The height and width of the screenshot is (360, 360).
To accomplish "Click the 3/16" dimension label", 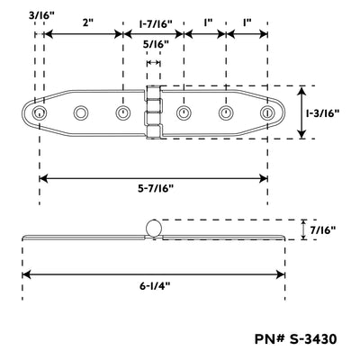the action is [41, 15].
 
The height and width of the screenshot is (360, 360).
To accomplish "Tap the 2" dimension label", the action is [88, 22].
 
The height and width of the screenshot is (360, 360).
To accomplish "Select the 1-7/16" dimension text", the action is [156, 23].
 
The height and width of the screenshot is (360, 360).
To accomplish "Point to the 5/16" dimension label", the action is [156, 44].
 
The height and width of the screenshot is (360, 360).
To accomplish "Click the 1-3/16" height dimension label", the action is [322, 113].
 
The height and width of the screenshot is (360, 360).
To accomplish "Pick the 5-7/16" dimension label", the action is [156, 189].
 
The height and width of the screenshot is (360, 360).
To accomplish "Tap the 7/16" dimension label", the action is [323, 230].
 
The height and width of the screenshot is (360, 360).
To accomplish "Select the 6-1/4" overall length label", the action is [155, 286].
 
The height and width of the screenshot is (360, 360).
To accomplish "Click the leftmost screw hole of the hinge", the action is [39, 113].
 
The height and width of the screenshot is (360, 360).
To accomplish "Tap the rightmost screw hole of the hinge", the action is [267, 113].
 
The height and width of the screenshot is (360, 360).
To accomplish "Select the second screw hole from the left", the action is [81, 113].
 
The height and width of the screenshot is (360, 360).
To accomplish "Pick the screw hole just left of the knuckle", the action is [122, 113].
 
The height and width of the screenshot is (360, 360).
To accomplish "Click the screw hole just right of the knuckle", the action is [184, 113].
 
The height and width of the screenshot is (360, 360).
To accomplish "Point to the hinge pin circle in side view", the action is [154, 228].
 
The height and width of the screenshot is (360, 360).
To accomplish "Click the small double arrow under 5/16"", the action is [153, 63].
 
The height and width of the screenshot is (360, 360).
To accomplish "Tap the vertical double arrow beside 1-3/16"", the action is [301, 112].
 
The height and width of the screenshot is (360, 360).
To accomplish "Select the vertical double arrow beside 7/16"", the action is [304, 229].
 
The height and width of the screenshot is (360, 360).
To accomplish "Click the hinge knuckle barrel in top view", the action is [154, 112].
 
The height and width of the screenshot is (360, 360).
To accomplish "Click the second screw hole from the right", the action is [226, 113].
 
